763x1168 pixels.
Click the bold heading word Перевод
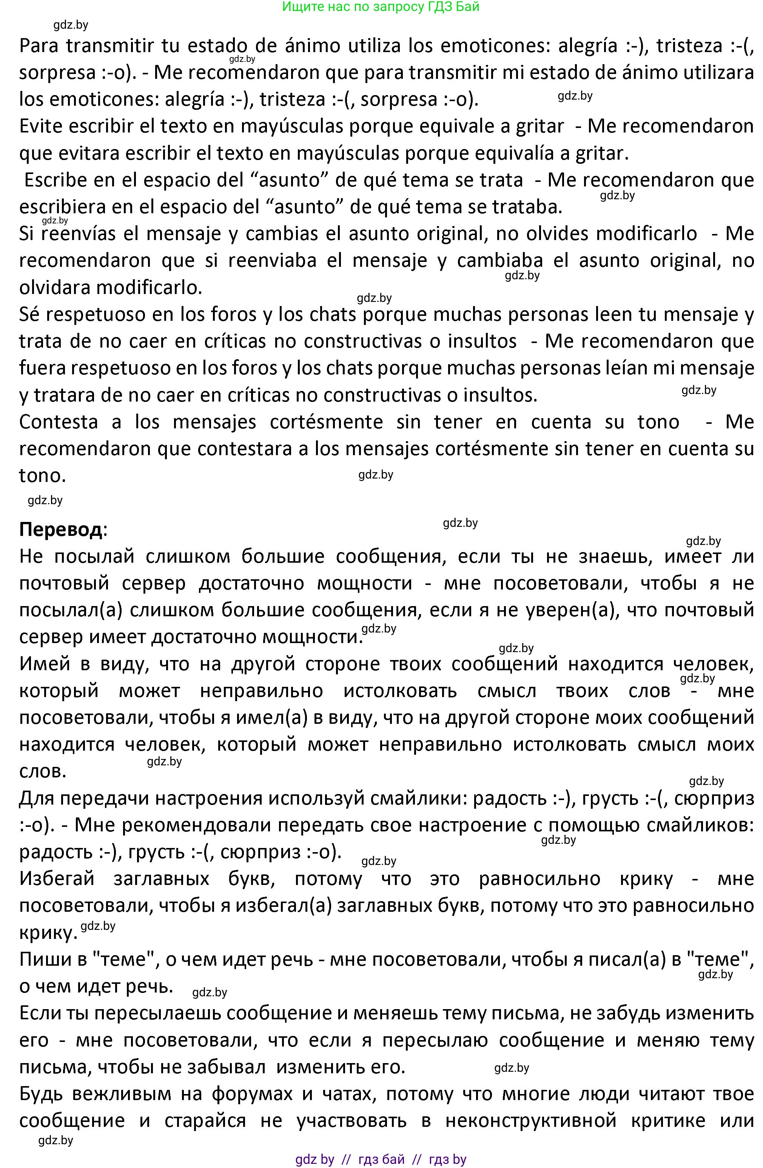tap(61, 529)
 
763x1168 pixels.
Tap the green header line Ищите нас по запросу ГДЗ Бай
tap(381, 7)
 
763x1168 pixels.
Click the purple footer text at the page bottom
tap(381, 1159)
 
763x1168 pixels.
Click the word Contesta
tap(59, 422)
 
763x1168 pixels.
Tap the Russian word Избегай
tap(57, 879)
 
